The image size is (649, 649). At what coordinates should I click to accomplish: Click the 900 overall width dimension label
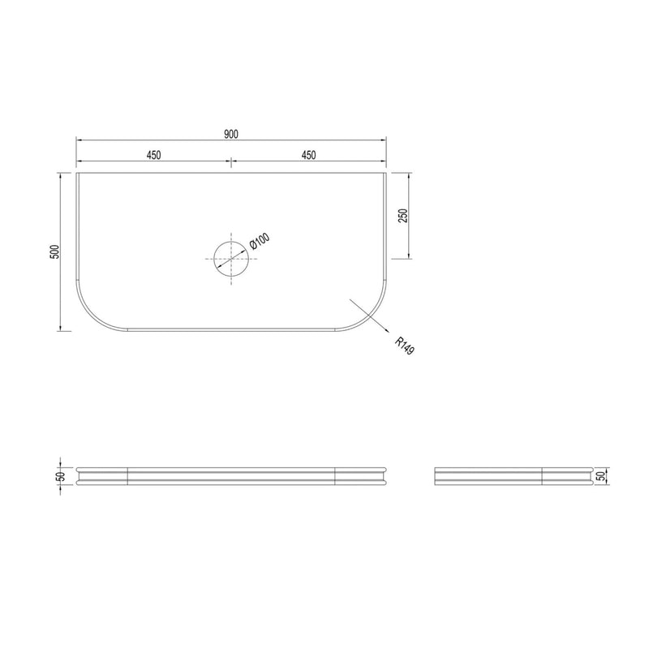(231, 134)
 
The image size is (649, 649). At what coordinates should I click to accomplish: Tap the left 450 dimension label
(153, 155)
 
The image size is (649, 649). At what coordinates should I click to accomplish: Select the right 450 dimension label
(309, 155)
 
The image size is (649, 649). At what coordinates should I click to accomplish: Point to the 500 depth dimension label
(55, 251)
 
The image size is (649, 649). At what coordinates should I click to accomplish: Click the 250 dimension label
(403, 216)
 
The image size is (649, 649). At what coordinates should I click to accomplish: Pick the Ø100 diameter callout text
(260, 241)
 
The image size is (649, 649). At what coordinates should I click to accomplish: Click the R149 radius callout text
(404, 346)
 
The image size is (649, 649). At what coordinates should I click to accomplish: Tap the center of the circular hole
(231, 259)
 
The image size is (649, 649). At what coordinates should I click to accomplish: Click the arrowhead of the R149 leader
(386, 330)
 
